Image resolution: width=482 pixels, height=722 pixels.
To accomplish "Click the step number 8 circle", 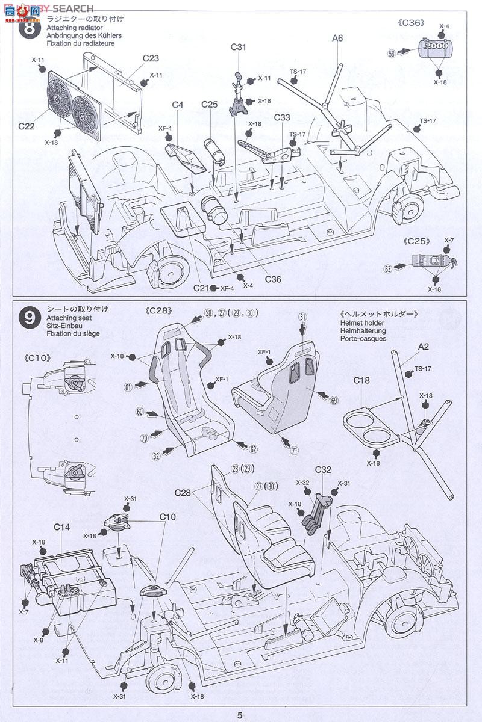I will tap(28, 31).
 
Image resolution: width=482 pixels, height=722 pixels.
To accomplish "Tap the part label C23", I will tap(151, 58).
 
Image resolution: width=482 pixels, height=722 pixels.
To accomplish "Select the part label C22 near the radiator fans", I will tap(27, 126).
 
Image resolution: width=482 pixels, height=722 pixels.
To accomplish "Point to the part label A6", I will tap(337, 38).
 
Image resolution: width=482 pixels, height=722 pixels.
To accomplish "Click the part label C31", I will tap(239, 47).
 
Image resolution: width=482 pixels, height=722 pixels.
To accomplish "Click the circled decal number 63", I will tap(387, 268).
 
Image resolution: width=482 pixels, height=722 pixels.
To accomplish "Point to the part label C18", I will tap(361, 380).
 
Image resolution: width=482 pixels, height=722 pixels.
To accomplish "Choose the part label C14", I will tap(61, 527).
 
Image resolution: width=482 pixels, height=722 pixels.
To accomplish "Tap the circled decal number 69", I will tap(334, 400).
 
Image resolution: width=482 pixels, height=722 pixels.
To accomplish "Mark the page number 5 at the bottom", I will tap(240, 715).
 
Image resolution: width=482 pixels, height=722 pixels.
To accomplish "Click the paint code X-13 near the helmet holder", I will tap(426, 396).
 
